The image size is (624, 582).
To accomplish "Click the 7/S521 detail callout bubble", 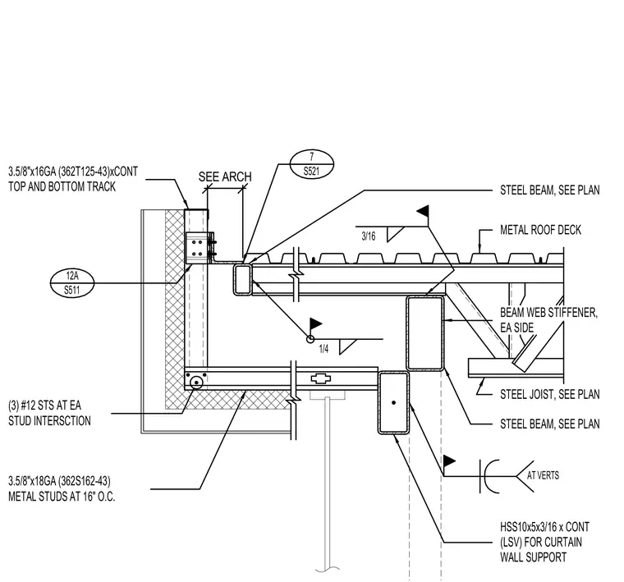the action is [x=311, y=164].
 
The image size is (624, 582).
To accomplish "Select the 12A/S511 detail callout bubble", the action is [x=72, y=283].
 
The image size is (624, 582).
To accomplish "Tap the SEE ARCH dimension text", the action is [x=225, y=176].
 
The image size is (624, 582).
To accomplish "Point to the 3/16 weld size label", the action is [x=368, y=236].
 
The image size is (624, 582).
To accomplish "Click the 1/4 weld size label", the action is [x=323, y=349].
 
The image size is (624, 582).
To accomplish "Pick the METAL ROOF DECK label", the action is [x=540, y=230].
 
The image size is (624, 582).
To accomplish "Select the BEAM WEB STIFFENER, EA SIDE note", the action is [x=548, y=320].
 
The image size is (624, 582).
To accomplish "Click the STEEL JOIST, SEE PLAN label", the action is [x=549, y=394].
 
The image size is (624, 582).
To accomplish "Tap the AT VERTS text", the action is [x=543, y=475].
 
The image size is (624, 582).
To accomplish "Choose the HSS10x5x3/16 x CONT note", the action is [x=544, y=527].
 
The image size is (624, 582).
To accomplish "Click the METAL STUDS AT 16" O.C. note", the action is [x=62, y=497].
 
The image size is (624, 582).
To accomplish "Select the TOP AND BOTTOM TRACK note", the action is [x=62, y=186].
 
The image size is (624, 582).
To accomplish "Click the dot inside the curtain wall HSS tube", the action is [x=393, y=402].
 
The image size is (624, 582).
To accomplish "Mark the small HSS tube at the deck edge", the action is [x=242, y=279].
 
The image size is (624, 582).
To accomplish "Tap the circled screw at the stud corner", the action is [x=196, y=383].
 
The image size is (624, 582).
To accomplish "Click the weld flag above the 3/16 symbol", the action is [x=423, y=211].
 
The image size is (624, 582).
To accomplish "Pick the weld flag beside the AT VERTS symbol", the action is [x=449, y=461].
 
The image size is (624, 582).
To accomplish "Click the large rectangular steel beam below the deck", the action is [x=425, y=333].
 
